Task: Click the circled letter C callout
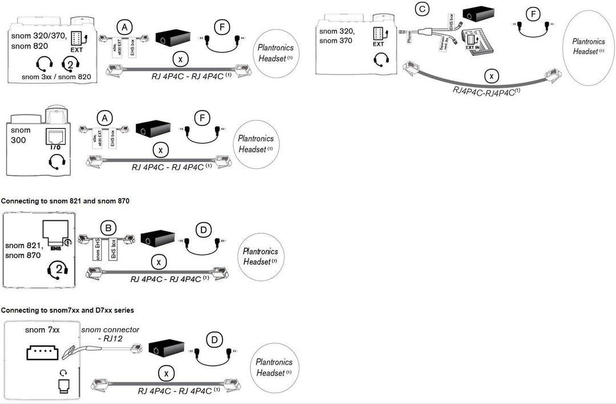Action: point(423,9)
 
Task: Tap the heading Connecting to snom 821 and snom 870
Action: point(66,201)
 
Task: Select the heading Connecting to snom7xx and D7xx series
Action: point(67,310)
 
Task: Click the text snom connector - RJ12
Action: point(110,334)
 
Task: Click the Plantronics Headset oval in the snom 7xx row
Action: point(274,367)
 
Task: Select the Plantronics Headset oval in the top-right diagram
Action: point(589,46)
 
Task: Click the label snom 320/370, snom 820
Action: point(38,41)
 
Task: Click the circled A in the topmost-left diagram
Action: point(125,26)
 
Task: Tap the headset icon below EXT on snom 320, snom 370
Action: point(380,58)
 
